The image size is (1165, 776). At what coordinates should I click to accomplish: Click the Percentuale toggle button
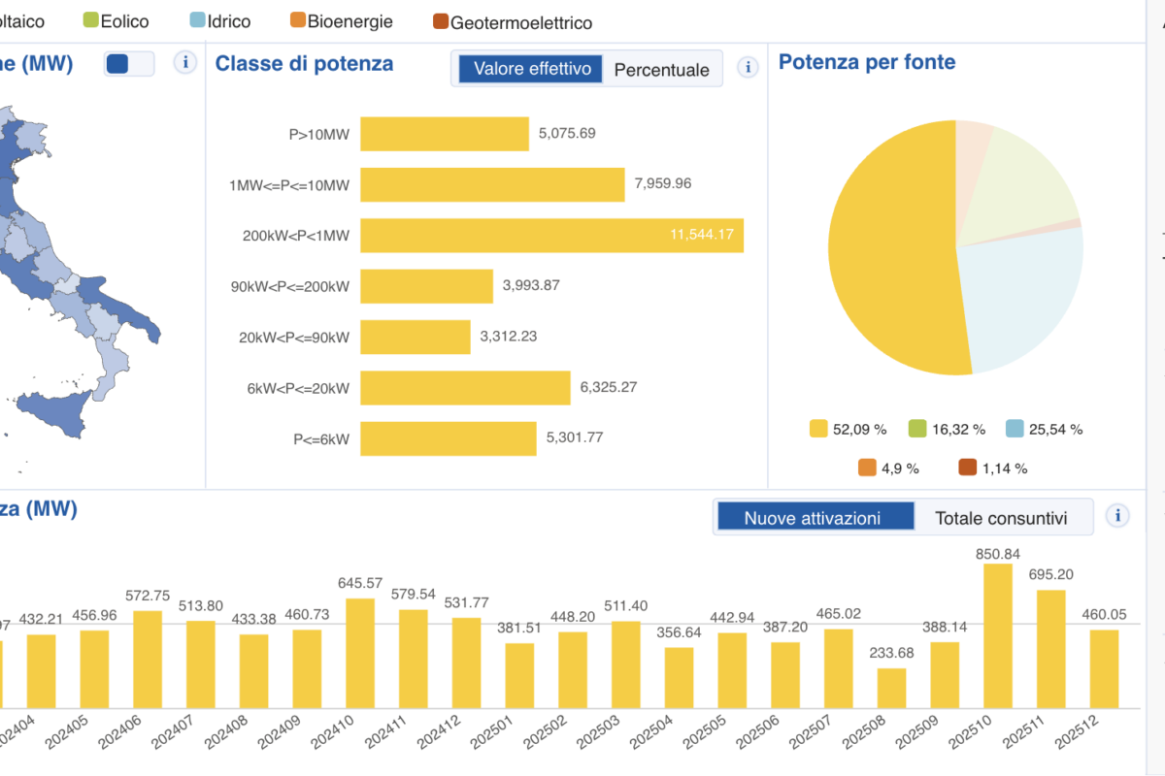tap(662, 70)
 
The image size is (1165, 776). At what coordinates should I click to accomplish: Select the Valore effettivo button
tap(531, 69)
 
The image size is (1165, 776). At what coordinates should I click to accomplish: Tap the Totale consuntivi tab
tap(1001, 518)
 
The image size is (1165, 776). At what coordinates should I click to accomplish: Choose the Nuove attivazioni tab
tap(813, 518)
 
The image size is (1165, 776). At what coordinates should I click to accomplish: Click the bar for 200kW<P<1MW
tap(551, 236)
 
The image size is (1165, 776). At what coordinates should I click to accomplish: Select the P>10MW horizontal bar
tap(444, 134)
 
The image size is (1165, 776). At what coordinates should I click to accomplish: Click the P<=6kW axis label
tap(321, 438)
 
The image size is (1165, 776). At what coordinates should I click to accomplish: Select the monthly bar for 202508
tap(891, 687)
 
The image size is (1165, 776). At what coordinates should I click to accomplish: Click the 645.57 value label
tap(359, 583)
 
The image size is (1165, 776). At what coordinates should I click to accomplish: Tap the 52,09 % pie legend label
tap(849, 429)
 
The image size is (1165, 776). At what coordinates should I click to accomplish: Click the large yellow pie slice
tap(888, 262)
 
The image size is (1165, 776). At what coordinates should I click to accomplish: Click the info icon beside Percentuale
tap(748, 67)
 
